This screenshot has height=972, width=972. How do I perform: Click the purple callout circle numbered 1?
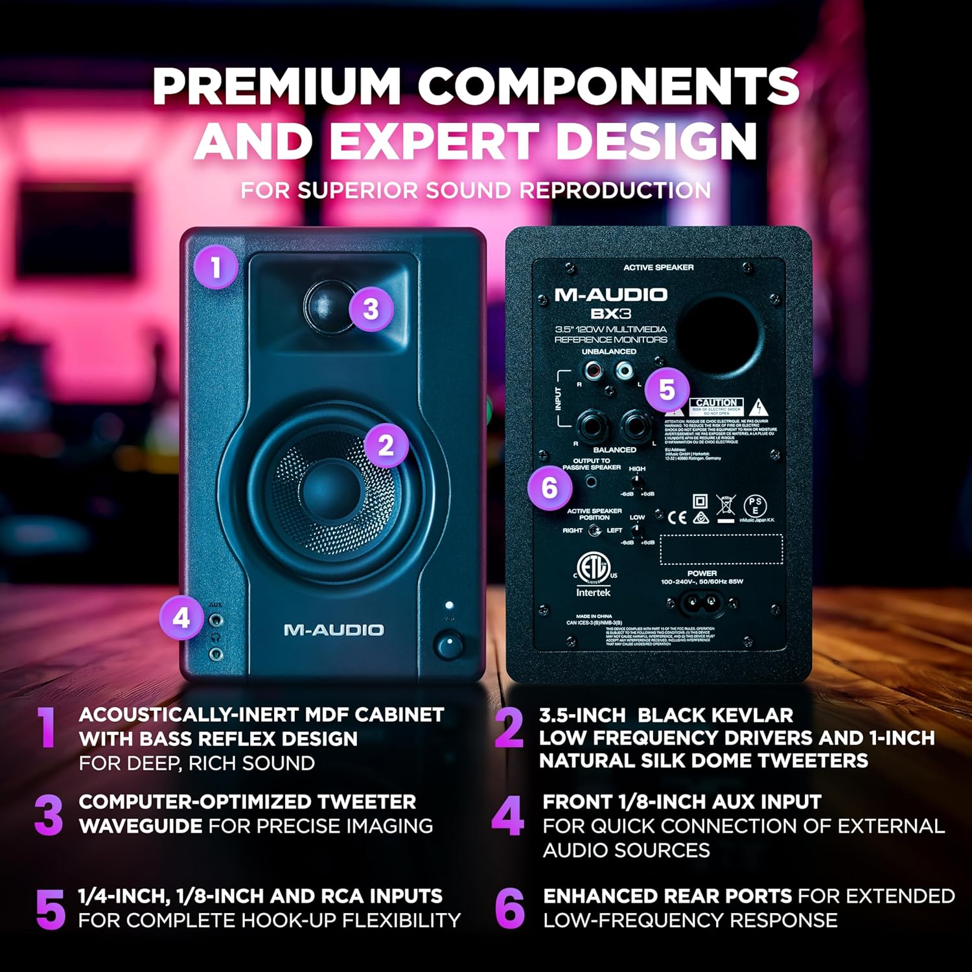pos(215,266)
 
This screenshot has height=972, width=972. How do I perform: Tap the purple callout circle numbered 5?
pos(667,389)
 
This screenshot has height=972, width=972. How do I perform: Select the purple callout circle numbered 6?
pos(549,487)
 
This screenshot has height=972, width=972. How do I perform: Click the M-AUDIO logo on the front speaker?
pos(334,630)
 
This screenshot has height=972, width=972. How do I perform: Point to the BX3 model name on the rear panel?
pos(610,314)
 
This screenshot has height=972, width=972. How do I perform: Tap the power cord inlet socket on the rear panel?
pos(702,604)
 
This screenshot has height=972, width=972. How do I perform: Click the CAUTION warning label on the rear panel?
pos(716,403)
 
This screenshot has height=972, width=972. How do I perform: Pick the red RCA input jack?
pos(592,371)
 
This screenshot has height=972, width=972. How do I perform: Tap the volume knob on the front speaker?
pos(448,645)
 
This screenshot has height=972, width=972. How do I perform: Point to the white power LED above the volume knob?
pos(448,605)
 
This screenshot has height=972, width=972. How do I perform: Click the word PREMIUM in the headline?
pos(276,86)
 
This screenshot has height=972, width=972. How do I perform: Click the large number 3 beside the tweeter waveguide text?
pos(49,815)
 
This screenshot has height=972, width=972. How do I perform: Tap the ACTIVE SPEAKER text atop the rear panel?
pos(658,268)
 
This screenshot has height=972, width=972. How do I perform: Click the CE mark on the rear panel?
pos(677,516)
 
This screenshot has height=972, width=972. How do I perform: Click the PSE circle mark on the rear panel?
pos(755,505)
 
